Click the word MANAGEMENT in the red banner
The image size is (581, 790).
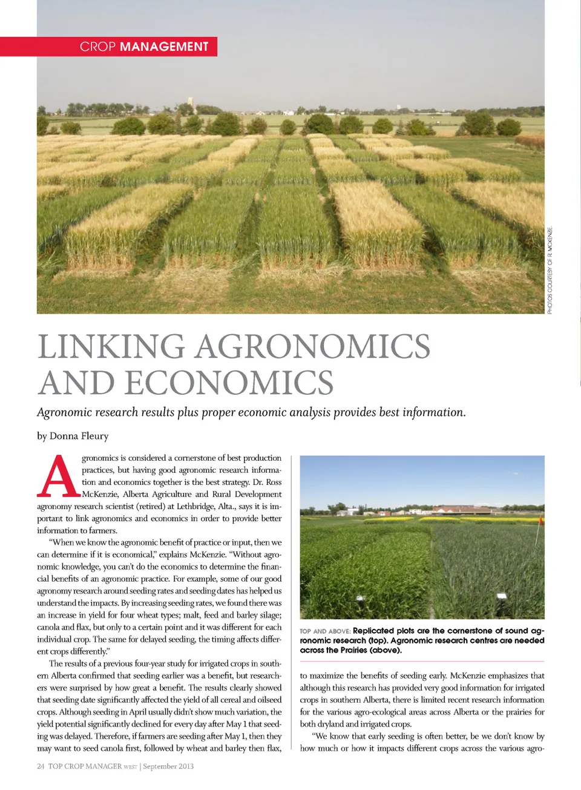point(164,47)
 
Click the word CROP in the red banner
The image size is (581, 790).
point(97,47)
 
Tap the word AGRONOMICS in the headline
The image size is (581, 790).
point(312,347)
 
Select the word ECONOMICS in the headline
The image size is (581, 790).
point(229,383)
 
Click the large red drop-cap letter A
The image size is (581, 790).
point(59,476)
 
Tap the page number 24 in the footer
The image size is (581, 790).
point(41,766)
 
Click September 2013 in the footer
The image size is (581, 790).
point(168,766)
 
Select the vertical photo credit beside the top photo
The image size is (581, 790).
point(550,270)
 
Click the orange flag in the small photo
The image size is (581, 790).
point(540,520)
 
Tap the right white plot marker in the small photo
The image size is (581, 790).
point(502,597)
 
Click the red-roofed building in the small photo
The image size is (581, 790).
point(460,509)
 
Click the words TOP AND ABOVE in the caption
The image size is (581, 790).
point(325,631)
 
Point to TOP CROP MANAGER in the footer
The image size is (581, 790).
point(85,766)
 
